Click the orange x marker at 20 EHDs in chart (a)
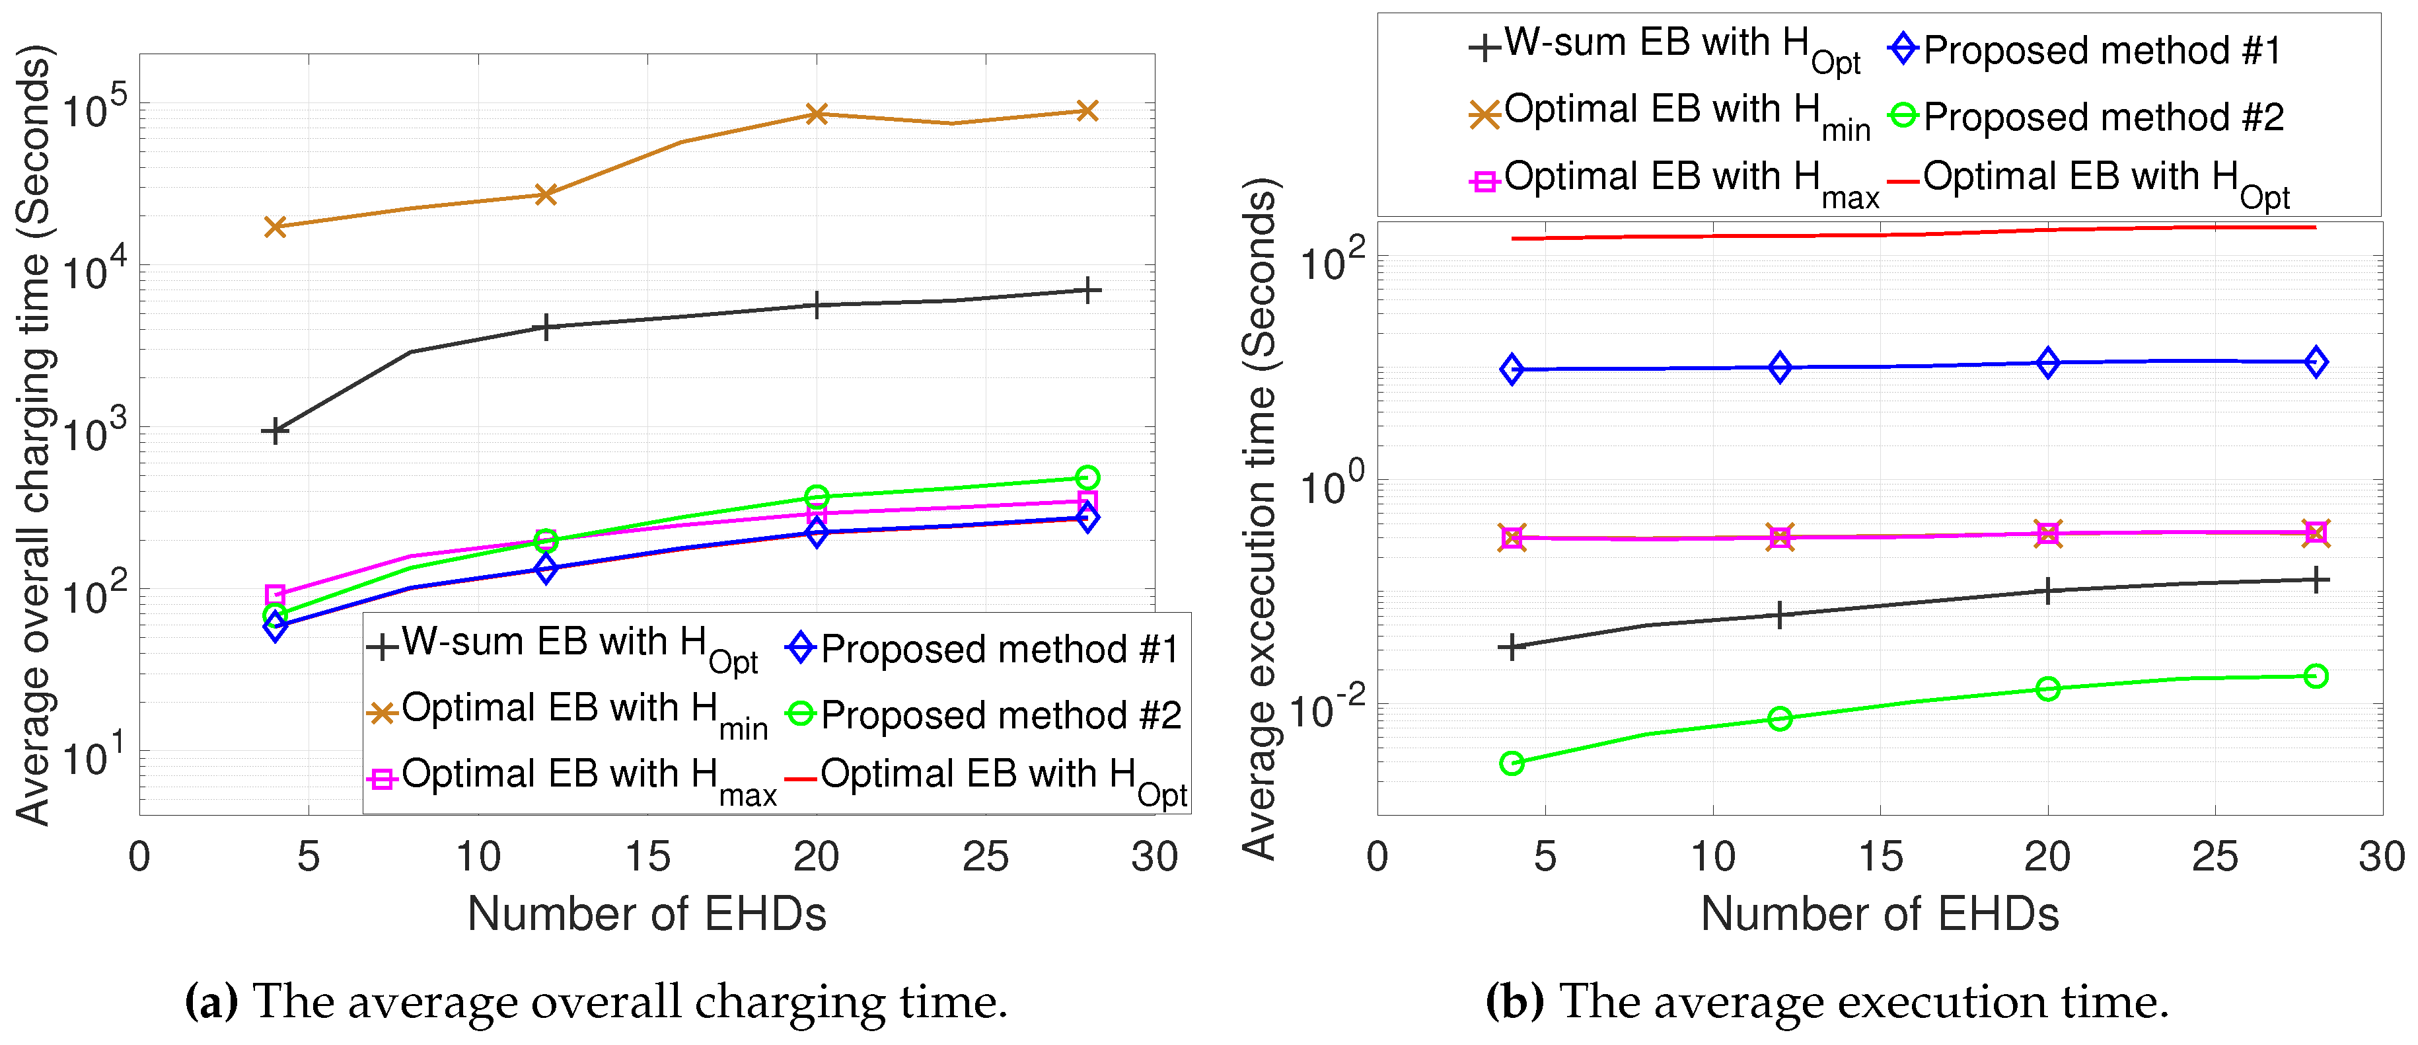tap(817, 114)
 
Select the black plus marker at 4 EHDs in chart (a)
tap(275, 431)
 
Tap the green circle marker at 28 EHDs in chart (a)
tap(1087, 478)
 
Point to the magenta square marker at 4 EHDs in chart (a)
tap(275, 594)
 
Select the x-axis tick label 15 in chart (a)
tap(647, 857)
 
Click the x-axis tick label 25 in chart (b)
tap(2215, 857)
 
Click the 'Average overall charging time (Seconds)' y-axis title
tap(36, 437)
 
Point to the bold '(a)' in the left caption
tap(212, 1002)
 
